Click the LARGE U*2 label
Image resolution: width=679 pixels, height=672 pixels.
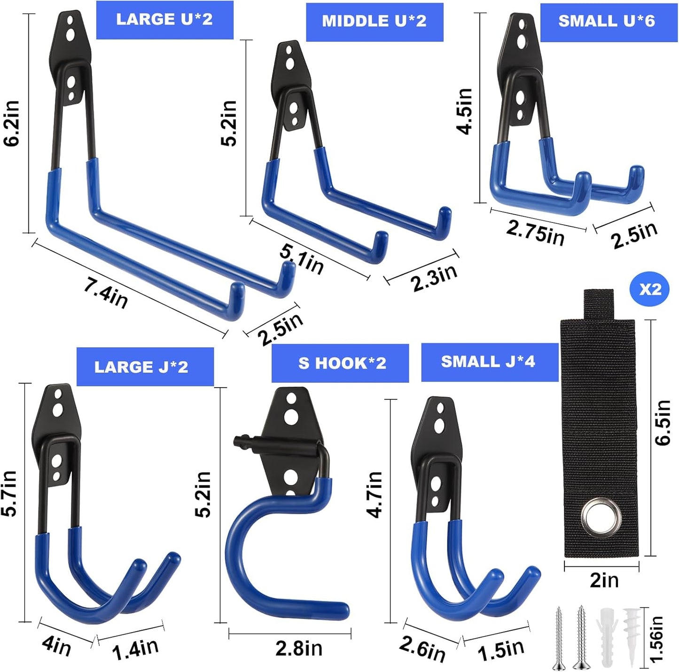pyautogui.click(x=164, y=20)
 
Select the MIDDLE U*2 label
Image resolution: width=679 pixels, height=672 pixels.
pyautogui.click(x=375, y=22)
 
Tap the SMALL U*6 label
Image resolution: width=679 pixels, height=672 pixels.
pyautogui.click(x=607, y=22)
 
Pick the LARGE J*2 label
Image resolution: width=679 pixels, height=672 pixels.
pyautogui.click(x=142, y=367)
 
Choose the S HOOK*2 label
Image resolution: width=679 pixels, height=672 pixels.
pyautogui.click(x=342, y=363)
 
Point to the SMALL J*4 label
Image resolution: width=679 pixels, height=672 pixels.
pyautogui.click(x=488, y=361)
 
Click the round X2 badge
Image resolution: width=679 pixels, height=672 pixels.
pyautogui.click(x=650, y=289)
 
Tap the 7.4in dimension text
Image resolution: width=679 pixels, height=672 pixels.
pyautogui.click(x=106, y=293)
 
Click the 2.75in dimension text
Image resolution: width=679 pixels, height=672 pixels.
pyautogui.click(x=535, y=232)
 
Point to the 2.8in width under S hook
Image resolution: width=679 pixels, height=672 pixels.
pyautogui.click(x=299, y=649)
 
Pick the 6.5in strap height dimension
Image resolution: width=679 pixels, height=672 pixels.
pyautogui.click(x=663, y=422)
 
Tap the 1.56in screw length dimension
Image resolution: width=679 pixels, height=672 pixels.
pyautogui.click(x=656, y=639)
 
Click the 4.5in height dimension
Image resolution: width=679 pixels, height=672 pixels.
pyautogui.click(x=465, y=111)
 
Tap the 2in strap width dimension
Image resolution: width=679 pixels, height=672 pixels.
pyautogui.click(x=604, y=580)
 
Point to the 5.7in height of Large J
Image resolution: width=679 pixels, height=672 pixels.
pyautogui.click(x=9, y=493)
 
